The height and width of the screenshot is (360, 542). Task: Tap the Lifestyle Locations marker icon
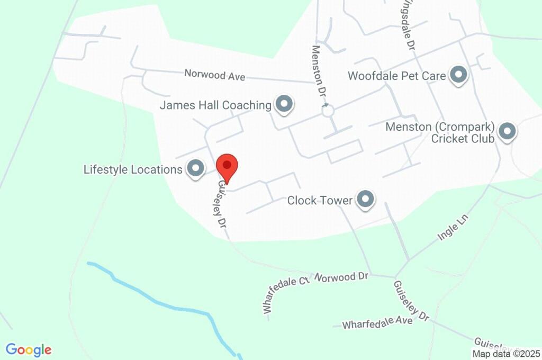click(196, 169)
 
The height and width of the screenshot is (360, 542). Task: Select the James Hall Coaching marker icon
click(284, 104)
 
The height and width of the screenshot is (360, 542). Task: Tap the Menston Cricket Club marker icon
click(508, 131)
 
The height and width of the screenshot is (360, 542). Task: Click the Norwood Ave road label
click(214, 75)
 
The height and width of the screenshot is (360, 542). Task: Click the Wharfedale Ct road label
click(285, 294)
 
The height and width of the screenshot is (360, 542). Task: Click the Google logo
click(29, 350)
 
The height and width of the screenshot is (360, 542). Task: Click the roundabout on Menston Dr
click(328, 111)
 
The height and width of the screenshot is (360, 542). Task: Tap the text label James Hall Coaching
click(215, 105)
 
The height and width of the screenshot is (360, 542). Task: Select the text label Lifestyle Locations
click(133, 169)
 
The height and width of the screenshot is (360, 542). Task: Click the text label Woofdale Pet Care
click(396, 76)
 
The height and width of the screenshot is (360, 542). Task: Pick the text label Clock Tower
click(319, 200)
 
